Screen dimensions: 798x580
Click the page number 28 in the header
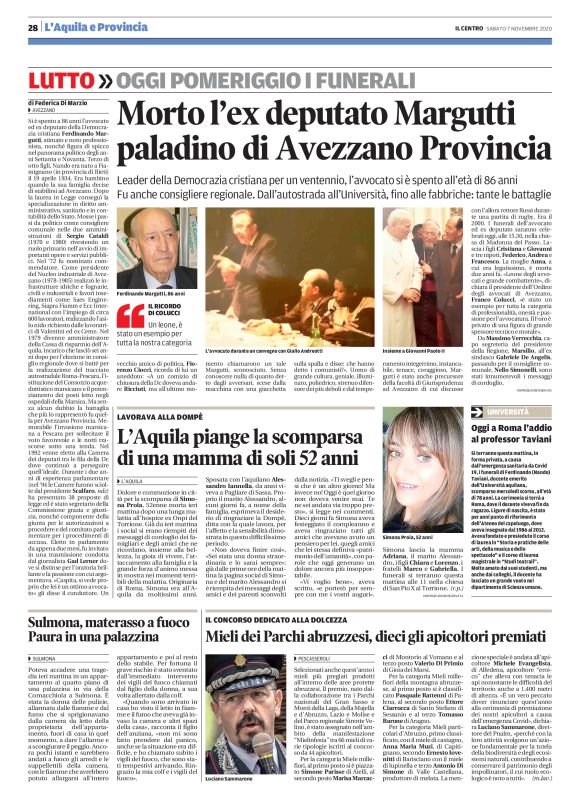click(x=32, y=27)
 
